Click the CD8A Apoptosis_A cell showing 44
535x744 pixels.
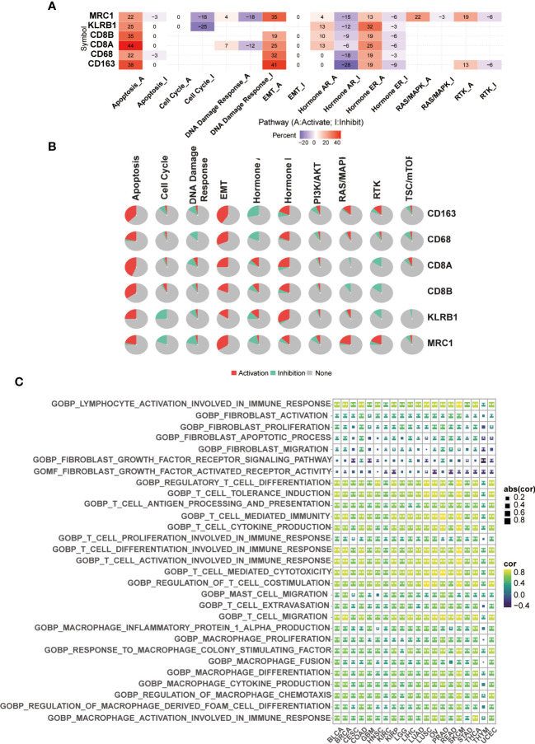click(131, 44)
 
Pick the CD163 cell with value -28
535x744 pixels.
click(347, 65)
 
